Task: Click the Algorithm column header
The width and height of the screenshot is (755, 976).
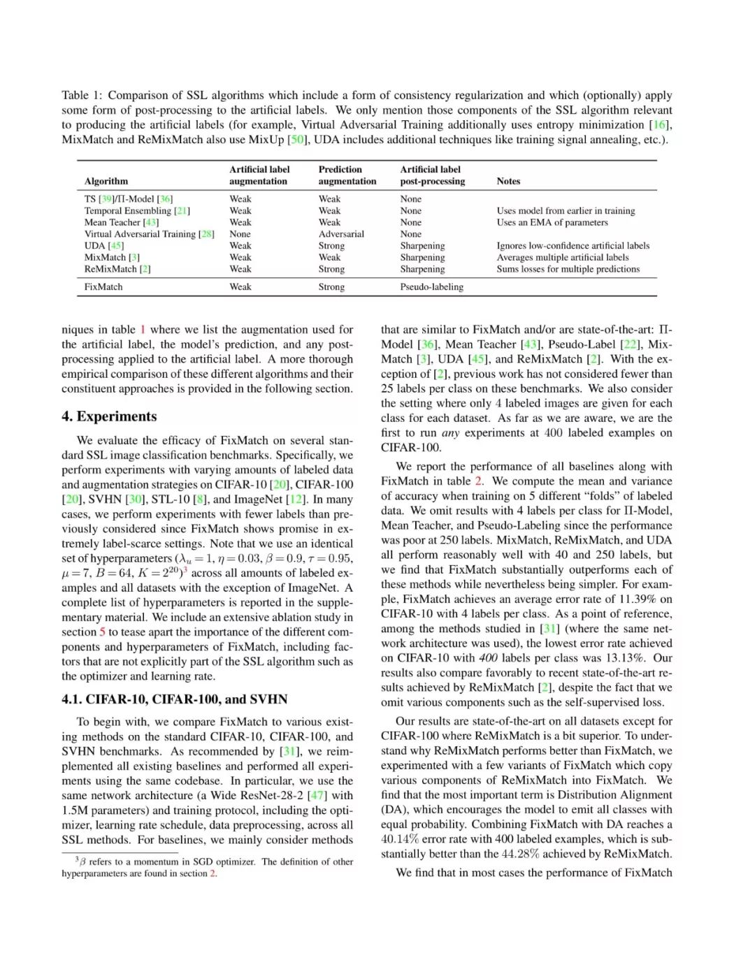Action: click(x=106, y=182)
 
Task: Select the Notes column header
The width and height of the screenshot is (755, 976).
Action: click(x=508, y=182)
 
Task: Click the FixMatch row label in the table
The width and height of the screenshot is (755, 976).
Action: click(x=103, y=287)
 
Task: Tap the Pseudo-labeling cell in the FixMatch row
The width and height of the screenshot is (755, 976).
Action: click(x=431, y=287)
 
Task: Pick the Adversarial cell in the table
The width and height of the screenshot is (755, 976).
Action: click(x=341, y=234)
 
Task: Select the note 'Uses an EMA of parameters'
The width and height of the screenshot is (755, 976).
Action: click(x=552, y=222)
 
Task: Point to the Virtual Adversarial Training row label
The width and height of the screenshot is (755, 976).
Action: click(x=149, y=234)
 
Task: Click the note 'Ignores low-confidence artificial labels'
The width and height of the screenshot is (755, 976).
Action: click(x=573, y=246)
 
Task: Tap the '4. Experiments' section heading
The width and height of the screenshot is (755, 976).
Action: click(x=109, y=416)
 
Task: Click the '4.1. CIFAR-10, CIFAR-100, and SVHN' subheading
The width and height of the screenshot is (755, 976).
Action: click(x=174, y=699)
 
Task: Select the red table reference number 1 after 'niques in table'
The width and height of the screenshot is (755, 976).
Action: click(x=143, y=330)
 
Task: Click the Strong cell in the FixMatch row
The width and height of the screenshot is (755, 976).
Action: click(x=331, y=287)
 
